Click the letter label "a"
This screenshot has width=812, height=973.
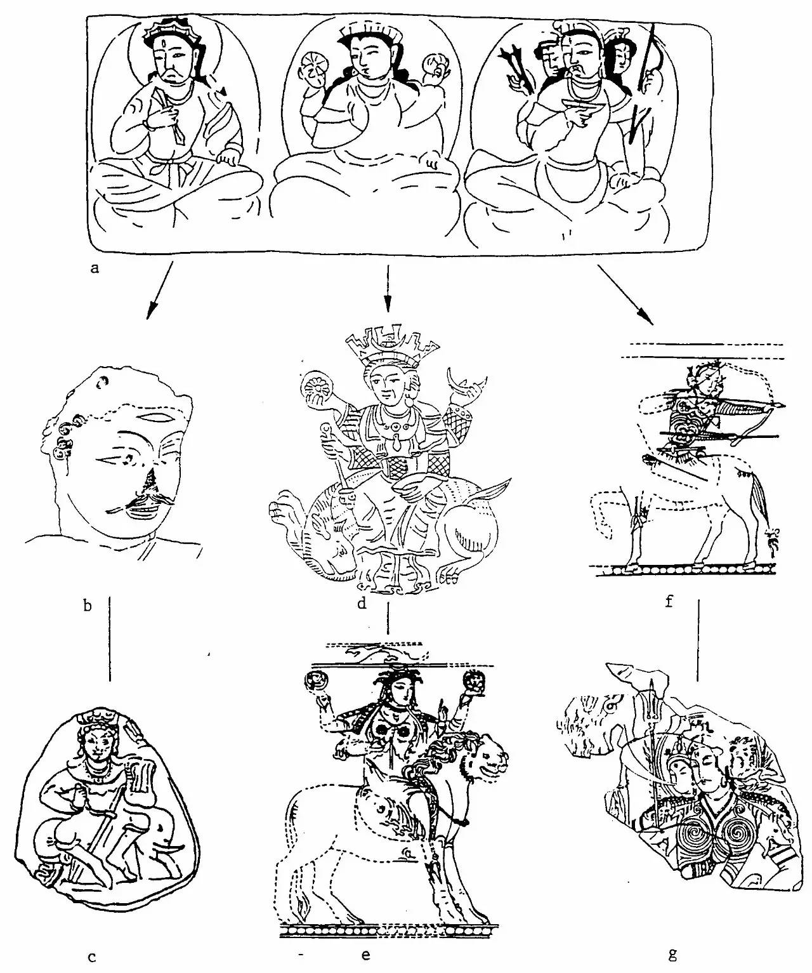[95, 269]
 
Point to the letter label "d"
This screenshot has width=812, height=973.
[362, 604]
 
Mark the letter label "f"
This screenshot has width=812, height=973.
[669, 601]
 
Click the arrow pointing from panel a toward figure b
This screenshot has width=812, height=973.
[159, 290]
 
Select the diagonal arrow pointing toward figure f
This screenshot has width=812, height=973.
[626, 294]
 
